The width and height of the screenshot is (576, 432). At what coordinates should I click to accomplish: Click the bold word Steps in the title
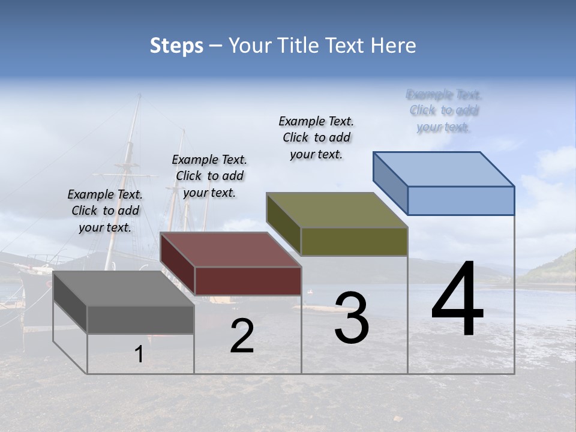(176, 46)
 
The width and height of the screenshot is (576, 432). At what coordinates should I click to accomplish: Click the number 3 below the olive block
(352, 317)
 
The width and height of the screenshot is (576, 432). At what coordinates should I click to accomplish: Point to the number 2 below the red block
(242, 336)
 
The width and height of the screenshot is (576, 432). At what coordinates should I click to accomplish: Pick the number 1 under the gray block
(139, 354)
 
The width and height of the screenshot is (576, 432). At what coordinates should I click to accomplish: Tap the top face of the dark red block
(231, 249)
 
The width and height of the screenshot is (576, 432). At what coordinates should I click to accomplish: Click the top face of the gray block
(124, 288)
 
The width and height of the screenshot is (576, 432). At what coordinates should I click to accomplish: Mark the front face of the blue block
(461, 200)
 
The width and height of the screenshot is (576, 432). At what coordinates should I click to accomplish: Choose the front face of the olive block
(354, 242)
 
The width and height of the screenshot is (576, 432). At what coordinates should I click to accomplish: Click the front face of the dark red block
(248, 281)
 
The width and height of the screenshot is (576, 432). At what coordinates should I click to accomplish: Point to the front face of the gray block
(140, 320)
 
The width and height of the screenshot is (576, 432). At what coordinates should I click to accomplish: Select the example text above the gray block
(105, 211)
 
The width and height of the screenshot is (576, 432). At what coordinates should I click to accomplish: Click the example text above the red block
(209, 176)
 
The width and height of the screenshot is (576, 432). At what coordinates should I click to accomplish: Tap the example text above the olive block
(316, 137)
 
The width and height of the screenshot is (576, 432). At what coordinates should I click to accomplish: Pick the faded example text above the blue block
(444, 110)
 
